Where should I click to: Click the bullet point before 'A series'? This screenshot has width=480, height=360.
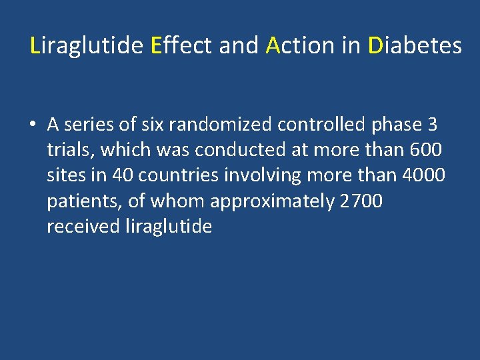32,125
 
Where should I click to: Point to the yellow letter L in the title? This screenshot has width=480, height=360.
36,46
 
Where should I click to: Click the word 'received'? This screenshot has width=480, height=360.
83,227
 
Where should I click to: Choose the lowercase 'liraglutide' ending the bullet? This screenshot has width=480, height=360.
169,227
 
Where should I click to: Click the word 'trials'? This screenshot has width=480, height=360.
70,150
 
